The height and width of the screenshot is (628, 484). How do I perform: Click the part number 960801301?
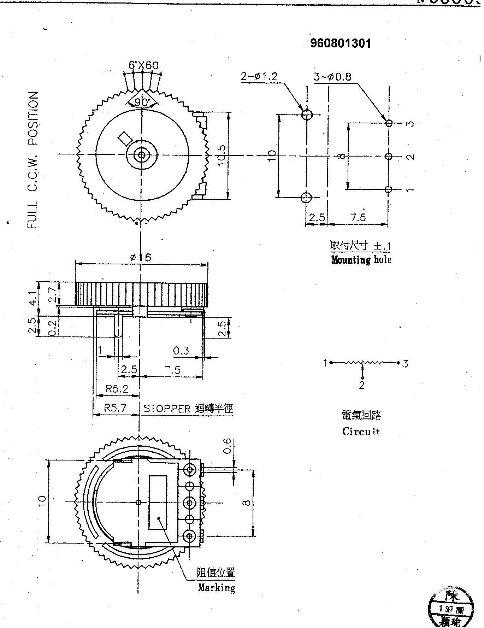click(x=341, y=43)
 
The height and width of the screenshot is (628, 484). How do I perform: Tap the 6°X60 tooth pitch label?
click(x=143, y=65)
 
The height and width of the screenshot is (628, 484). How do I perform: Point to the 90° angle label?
click(x=142, y=102)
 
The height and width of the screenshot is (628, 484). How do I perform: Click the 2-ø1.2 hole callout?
click(x=259, y=76)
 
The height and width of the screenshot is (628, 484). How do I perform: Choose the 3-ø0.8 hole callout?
click(x=332, y=77)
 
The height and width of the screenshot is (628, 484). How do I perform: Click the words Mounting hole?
click(x=361, y=260)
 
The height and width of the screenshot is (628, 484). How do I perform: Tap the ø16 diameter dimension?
click(x=141, y=257)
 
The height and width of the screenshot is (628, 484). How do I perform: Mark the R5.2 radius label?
click(x=117, y=389)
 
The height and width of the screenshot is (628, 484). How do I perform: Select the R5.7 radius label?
click(x=115, y=408)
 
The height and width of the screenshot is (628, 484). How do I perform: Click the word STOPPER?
click(x=167, y=409)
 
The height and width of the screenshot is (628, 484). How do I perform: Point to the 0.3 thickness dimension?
click(x=181, y=351)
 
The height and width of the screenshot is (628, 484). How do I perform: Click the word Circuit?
click(x=361, y=432)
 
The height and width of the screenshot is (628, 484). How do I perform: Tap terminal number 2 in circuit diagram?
click(x=361, y=385)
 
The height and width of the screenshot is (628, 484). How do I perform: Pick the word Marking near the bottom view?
click(x=216, y=588)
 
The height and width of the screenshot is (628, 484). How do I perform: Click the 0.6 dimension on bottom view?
click(x=228, y=446)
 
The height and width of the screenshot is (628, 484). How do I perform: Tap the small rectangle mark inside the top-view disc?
click(x=125, y=138)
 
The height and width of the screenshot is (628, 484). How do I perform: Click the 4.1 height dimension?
click(x=33, y=298)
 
